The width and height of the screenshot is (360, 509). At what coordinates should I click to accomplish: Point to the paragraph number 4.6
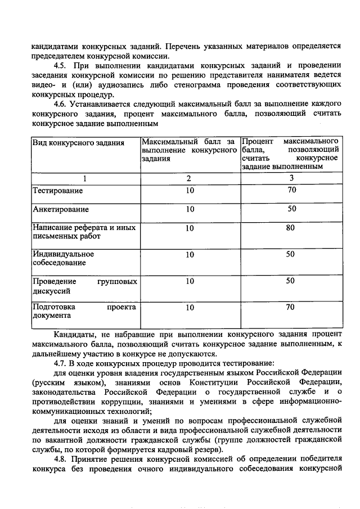pyautogui.click(x=60, y=105)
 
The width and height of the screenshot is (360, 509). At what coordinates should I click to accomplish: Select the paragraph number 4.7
pyautogui.click(x=60, y=363)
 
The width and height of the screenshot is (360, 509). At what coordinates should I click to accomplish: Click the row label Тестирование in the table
pyautogui.click(x=57, y=191)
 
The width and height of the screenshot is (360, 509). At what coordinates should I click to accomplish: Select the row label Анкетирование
pyautogui.click(x=60, y=209)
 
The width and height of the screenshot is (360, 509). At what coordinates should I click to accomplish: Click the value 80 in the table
pyautogui.click(x=290, y=228)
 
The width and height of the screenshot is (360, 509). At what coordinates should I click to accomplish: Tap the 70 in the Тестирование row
pyautogui.click(x=290, y=190)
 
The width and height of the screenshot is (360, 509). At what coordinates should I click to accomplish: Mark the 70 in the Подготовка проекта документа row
pyautogui.click(x=290, y=307)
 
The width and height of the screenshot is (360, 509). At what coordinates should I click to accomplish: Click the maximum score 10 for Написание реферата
pyautogui.click(x=190, y=228)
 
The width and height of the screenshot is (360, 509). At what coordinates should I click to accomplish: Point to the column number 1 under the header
pyautogui.click(x=85, y=178)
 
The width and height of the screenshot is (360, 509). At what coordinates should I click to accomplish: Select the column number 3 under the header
pyautogui.click(x=291, y=178)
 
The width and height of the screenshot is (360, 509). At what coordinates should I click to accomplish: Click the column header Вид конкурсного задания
pyautogui.click(x=78, y=142)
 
